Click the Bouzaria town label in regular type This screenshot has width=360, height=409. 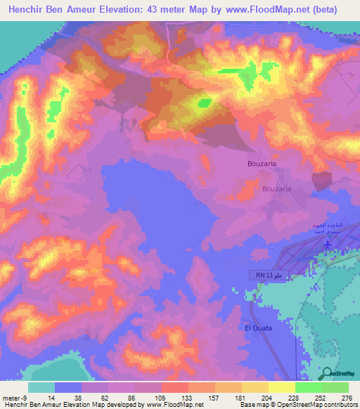pyautogui.click(x=262, y=164)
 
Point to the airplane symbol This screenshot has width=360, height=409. pyautogui.click(x=328, y=243)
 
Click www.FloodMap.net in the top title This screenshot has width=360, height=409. pyautogui.click(x=268, y=10)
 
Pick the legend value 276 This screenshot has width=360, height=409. pyautogui.click(x=345, y=398)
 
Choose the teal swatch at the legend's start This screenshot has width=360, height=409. pyautogui.click(x=41, y=387)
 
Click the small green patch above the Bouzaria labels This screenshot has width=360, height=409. pyautogui.click(x=204, y=103)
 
